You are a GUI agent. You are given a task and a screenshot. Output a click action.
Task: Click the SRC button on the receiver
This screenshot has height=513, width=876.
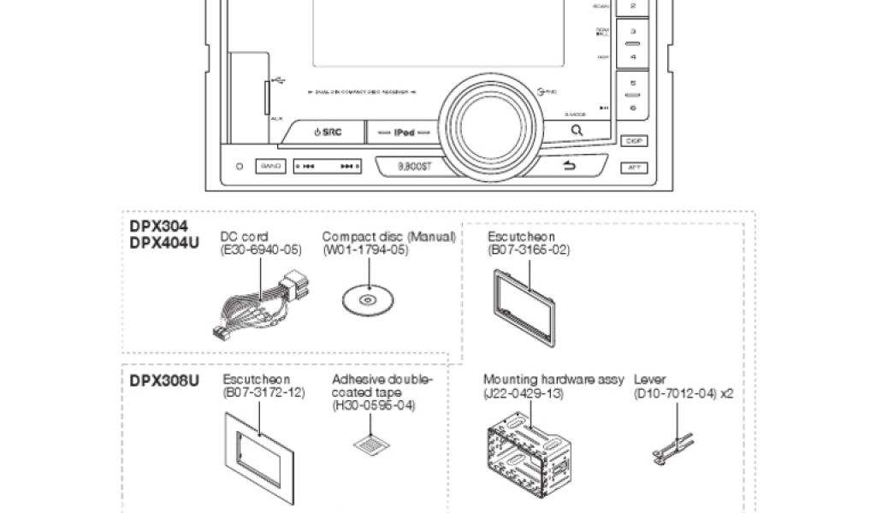(x=328, y=133)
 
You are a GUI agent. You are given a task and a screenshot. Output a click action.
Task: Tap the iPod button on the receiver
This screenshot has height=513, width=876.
(x=404, y=133)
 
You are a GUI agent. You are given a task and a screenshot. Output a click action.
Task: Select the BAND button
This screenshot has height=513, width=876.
(x=270, y=166)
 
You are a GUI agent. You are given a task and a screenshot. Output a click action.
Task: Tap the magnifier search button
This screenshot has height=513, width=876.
(x=577, y=131)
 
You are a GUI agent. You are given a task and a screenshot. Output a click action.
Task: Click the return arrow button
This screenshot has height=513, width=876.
(x=569, y=166)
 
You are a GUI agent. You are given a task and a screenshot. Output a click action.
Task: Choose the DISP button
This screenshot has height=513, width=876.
(x=633, y=140)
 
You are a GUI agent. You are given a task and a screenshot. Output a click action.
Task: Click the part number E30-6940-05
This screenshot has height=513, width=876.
(x=262, y=250)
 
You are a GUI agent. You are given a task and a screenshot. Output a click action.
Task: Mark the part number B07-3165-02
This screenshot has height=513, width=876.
(x=529, y=250)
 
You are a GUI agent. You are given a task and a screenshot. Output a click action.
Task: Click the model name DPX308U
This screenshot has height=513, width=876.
(x=164, y=380)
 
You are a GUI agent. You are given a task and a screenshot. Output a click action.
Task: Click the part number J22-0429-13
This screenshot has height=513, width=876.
(x=524, y=393)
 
